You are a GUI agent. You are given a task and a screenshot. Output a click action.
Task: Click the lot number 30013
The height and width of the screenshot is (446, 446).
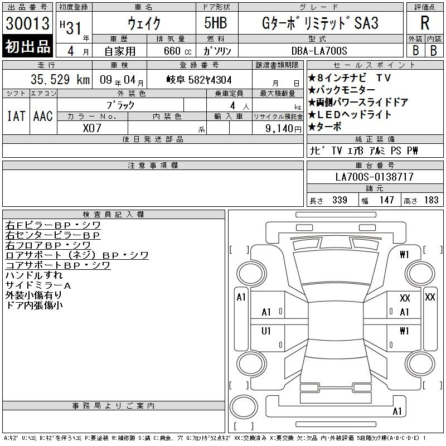(27, 23)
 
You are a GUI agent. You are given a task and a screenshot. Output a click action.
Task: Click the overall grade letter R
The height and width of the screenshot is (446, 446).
(425, 23)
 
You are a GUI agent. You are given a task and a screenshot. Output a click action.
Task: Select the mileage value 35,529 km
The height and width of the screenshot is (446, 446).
(60, 79)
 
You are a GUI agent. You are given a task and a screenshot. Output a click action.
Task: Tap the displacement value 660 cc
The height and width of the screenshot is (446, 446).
(177, 51)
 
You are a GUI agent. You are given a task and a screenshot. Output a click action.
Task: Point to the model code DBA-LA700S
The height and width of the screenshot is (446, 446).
(319, 51)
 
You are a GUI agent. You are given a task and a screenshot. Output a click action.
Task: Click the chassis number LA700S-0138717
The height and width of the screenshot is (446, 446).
(374, 177)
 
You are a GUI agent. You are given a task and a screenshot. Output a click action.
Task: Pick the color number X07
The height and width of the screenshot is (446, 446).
(92, 128)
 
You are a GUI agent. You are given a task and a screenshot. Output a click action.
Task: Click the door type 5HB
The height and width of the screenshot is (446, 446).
(216, 23)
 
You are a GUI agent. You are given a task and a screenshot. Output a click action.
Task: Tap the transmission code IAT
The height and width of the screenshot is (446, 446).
(16, 116)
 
